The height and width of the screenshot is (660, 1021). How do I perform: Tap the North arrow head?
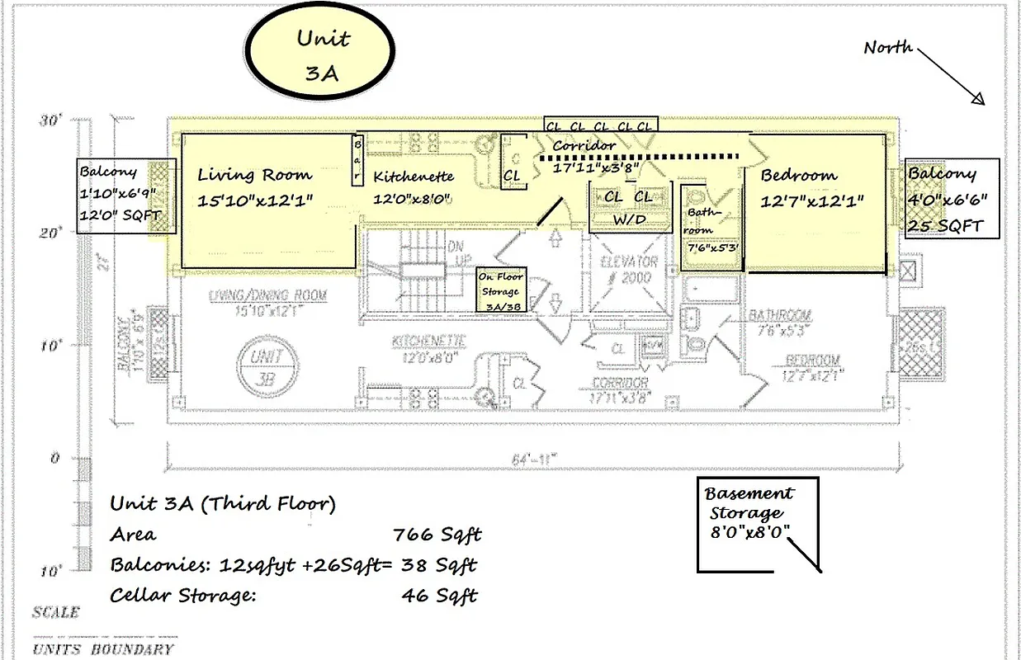(x=978, y=99)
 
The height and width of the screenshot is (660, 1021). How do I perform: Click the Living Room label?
(x=254, y=175)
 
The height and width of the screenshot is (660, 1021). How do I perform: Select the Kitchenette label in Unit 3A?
(x=414, y=177)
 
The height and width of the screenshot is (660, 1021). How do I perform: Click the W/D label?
(x=628, y=219)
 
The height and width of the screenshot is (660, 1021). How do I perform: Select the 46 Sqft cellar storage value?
(x=439, y=595)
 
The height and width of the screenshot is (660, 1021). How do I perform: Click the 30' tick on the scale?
(x=50, y=120)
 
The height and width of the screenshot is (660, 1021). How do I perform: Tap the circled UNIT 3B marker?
(x=263, y=366)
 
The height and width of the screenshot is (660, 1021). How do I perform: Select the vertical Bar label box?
(x=358, y=159)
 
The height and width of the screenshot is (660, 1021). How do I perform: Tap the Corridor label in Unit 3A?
(x=584, y=146)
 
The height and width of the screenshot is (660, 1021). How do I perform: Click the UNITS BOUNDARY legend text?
(x=103, y=648)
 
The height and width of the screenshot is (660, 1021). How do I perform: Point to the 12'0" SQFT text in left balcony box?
(x=121, y=216)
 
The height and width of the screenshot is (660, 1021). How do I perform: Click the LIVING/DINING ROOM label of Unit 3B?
(x=267, y=295)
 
